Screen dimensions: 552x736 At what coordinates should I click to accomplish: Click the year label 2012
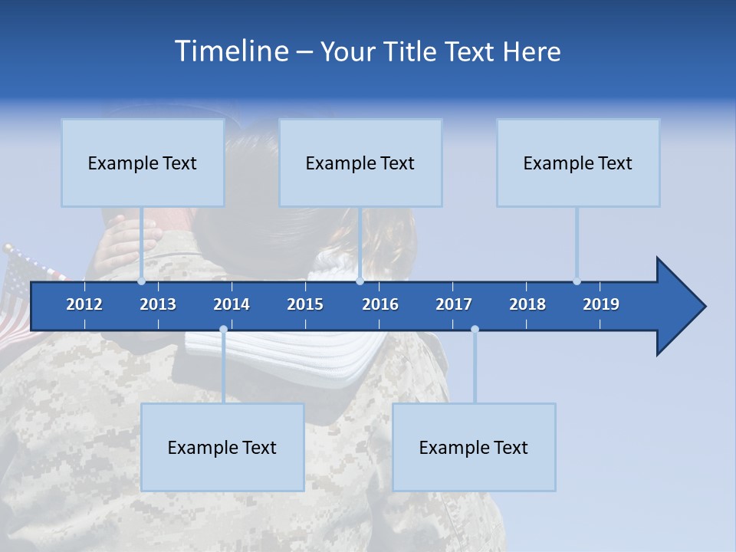pyautogui.click(x=84, y=304)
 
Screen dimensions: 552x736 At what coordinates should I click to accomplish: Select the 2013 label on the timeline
pyautogui.click(x=158, y=304)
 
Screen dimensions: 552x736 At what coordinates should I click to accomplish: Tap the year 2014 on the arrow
pyautogui.click(x=232, y=304)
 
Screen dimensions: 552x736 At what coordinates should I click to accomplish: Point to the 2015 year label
pyautogui.click(x=305, y=304)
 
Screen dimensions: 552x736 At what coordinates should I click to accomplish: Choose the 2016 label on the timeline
pyautogui.click(x=380, y=304)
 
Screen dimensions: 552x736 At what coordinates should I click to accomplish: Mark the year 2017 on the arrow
pyautogui.click(x=454, y=304)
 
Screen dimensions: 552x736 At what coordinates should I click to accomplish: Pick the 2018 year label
pyautogui.click(x=527, y=304)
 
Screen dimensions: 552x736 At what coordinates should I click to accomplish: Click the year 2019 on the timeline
pyautogui.click(x=601, y=304)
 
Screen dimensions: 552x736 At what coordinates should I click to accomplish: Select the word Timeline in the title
pyautogui.click(x=231, y=51)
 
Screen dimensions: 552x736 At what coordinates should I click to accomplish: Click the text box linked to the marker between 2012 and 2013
pyautogui.click(x=143, y=163)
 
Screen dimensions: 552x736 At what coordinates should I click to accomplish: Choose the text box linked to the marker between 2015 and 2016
pyautogui.click(x=360, y=163)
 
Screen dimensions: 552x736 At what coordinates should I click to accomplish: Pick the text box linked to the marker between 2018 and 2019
pyautogui.click(x=578, y=163)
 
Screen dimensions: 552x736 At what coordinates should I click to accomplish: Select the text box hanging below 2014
pyautogui.click(x=222, y=447)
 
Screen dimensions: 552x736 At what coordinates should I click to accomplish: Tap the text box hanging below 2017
pyautogui.click(x=474, y=447)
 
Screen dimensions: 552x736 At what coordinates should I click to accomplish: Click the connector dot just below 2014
pyautogui.click(x=223, y=330)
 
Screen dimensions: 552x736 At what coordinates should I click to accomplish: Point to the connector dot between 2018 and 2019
pyautogui.click(x=577, y=281)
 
